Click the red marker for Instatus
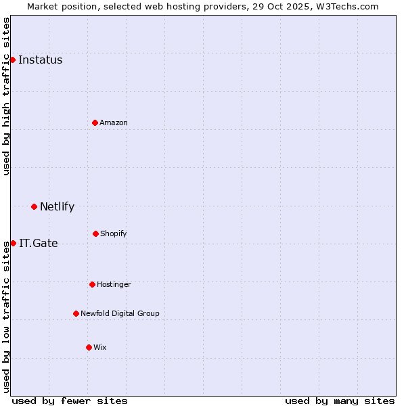(x=12, y=60)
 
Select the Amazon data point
(x=95, y=122)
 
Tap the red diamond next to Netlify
(x=34, y=206)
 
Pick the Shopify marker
(x=95, y=233)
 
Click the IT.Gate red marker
(x=13, y=243)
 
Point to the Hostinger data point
(x=92, y=284)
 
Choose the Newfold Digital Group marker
(x=76, y=313)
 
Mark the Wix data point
(x=89, y=347)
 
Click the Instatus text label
(x=40, y=60)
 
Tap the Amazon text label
(x=114, y=122)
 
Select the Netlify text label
(x=57, y=206)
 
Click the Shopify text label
(x=114, y=233)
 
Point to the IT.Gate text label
(x=39, y=243)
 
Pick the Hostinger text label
(x=114, y=284)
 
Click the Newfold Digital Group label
(x=120, y=313)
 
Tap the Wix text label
(x=100, y=347)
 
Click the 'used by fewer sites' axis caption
(x=70, y=401)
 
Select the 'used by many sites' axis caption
(x=340, y=401)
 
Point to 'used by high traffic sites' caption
(x=6, y=96)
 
